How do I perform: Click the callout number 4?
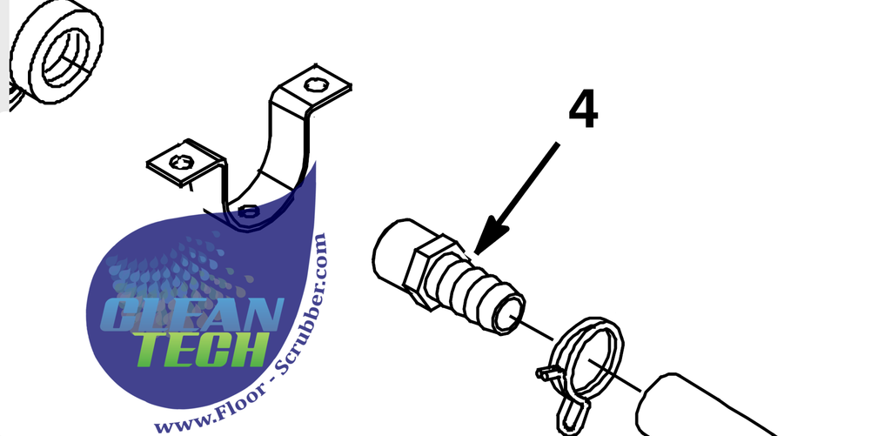click(583, 111)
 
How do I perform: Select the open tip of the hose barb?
click(508, 314)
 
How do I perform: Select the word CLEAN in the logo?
click(192, 313)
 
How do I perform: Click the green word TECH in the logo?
click(201, 348)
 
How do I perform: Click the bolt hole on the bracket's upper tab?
click(314, 85)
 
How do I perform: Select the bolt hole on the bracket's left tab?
click(181, 163)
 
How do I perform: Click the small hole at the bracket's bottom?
click(248, 212)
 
